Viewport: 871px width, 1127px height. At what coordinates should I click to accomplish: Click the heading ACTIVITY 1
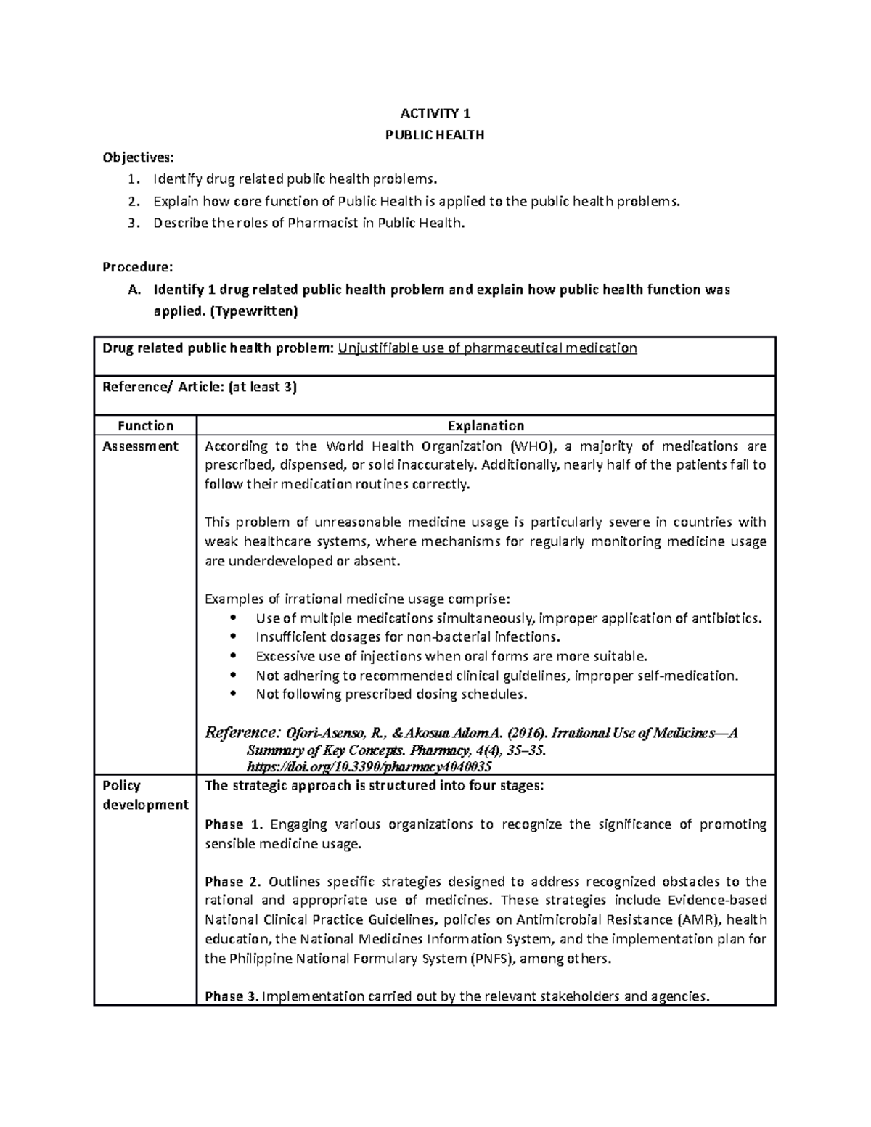(x=435, y=113)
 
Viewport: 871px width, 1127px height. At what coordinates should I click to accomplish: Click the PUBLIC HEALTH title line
(x=435, y=135)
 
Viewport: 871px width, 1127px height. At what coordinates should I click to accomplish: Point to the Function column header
(x=145, y=426)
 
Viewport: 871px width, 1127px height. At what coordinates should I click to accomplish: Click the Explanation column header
(x=486, y=426)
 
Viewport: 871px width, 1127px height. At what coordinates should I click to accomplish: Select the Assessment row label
(x=140, y=446)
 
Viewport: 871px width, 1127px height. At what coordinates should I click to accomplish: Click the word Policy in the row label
(x=121, y=786)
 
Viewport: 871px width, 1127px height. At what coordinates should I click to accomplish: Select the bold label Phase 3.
(x=232, y=996)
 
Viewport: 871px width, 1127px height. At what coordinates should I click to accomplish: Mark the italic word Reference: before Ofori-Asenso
(x=242, y=732)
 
